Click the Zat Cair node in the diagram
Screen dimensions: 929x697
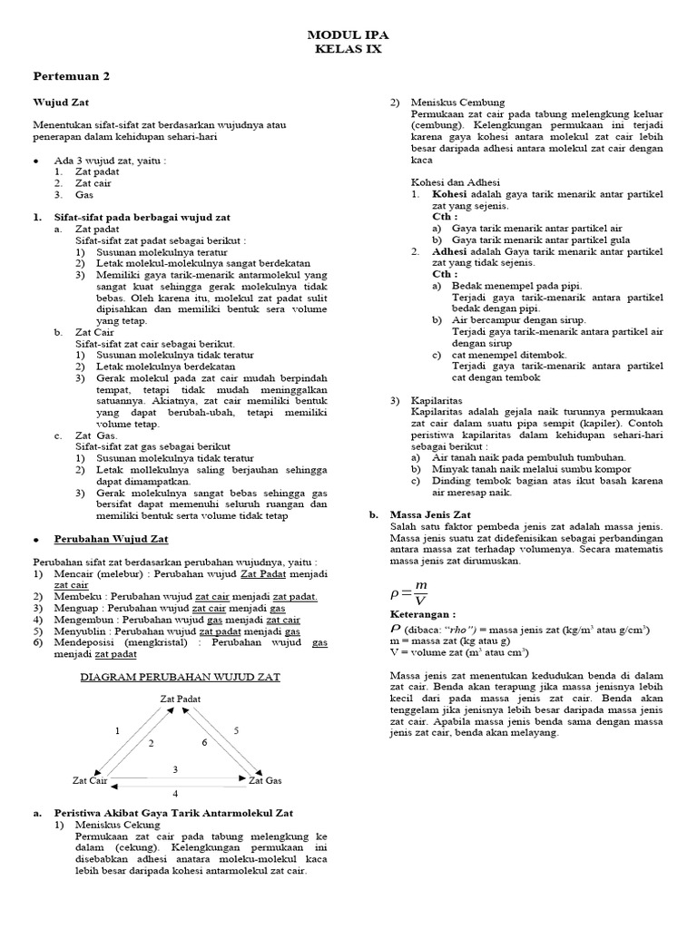tap(90, 779)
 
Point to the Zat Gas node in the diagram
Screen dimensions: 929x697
tap(265, 779)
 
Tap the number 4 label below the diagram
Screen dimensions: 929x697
tap(176, 793)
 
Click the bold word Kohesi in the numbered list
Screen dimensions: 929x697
tap(449, 194)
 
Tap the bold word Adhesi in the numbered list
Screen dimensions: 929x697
tap(450, 251)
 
